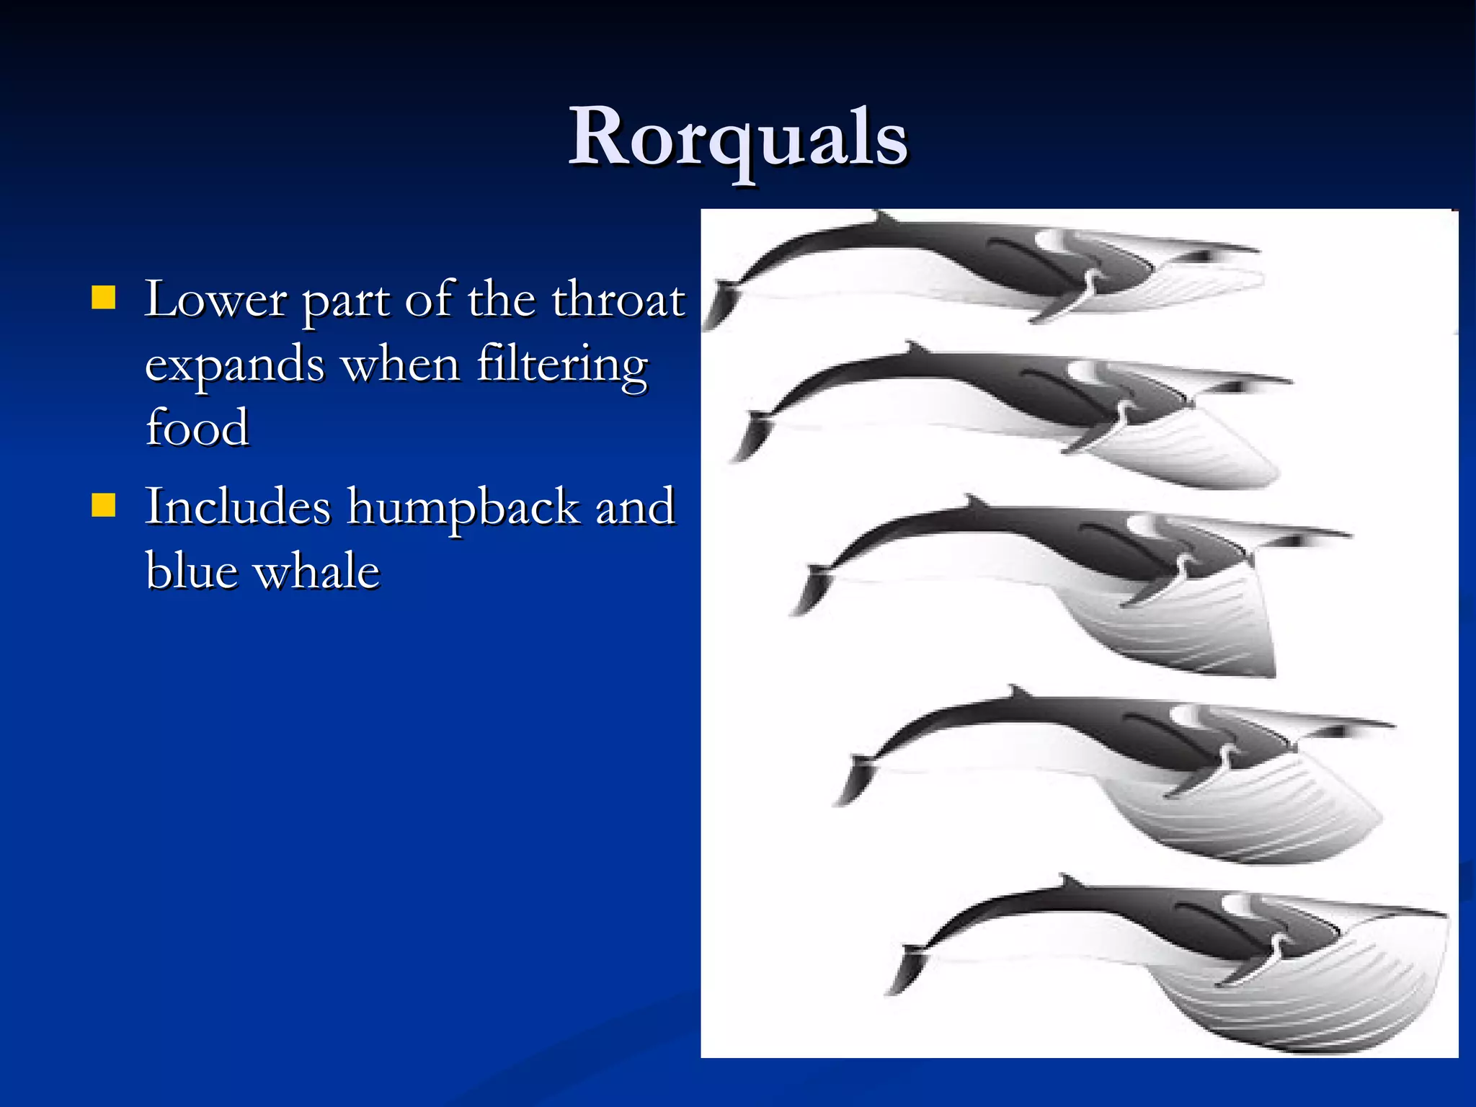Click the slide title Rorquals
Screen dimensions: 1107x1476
coord(738,137)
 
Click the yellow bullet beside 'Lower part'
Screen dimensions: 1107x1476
coord(104,298)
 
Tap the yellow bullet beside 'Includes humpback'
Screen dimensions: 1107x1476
coord(104,505)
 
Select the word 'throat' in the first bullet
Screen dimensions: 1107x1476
coord(618,299)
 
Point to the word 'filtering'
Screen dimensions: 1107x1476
coord(562,364)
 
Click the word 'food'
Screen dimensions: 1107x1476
coord(197,427)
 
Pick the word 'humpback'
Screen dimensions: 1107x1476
coord(463,507)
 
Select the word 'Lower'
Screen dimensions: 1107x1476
coord(215,299)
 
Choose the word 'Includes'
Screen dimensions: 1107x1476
coord(238,507)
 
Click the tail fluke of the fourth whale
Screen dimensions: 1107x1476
coord(855,778)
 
